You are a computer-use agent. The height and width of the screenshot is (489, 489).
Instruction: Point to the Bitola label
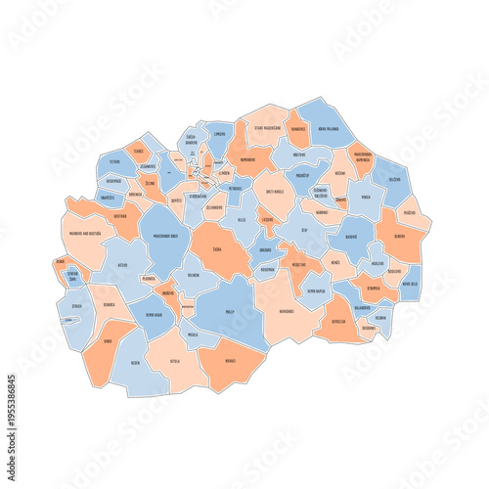click(175, 361)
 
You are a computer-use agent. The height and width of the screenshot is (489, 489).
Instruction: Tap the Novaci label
click(229, 361)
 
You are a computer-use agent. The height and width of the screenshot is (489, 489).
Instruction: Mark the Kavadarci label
click(286, 311)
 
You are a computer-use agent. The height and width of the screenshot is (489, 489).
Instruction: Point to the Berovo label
click(399, 236)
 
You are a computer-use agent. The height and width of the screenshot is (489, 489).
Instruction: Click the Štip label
click(304, 231)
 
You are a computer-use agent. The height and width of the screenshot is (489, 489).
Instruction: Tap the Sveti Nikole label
click(276, 193)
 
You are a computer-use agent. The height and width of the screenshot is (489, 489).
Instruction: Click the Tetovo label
click(115, 162)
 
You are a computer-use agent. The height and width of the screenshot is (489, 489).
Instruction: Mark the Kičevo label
click(122, 265)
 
